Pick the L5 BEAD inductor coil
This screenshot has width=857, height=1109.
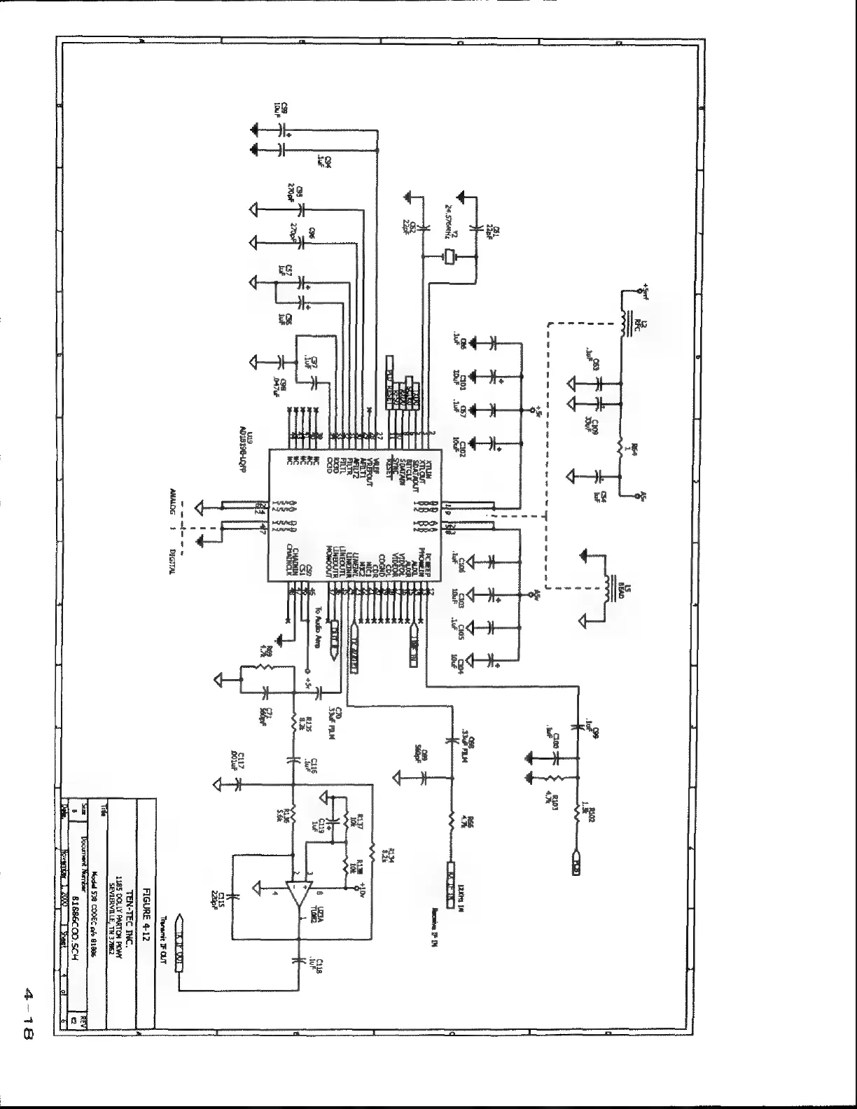606,588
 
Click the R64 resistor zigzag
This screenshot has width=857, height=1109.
620,446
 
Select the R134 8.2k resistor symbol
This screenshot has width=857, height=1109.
374,844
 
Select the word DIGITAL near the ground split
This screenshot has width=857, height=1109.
172,561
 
